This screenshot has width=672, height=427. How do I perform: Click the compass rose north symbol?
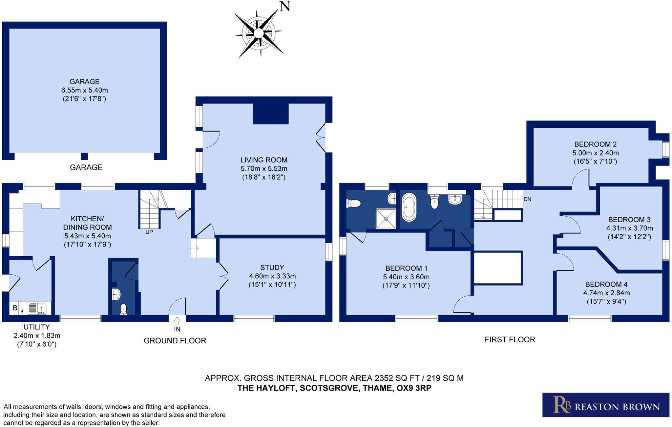coord(259,33)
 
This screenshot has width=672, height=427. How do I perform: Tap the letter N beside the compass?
coord(284,7)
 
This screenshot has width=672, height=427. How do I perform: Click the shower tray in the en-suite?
coord(386,218)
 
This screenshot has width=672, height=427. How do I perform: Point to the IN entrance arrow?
coord(177,320)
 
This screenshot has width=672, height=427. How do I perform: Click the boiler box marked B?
coord(15,308)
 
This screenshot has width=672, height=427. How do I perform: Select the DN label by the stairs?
coord(527,199)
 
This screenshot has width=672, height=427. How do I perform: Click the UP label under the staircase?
coord(149,232)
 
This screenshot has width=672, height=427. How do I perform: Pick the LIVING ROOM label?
coord(264,160)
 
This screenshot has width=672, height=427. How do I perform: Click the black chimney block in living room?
coord(271,114)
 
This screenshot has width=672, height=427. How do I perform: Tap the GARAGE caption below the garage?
coord(86,167)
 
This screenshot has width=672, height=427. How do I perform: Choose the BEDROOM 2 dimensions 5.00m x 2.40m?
coord(595,153)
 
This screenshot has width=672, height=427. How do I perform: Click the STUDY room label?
coord(272,267)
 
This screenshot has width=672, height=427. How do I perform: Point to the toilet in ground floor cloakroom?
coord(124,309)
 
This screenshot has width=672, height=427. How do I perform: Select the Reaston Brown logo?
coord(605,405)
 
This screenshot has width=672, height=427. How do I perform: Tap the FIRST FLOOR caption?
coord(510,340)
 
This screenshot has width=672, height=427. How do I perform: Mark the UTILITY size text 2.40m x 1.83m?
coord(37,336)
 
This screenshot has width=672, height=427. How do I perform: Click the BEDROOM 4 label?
coord(606,284)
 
